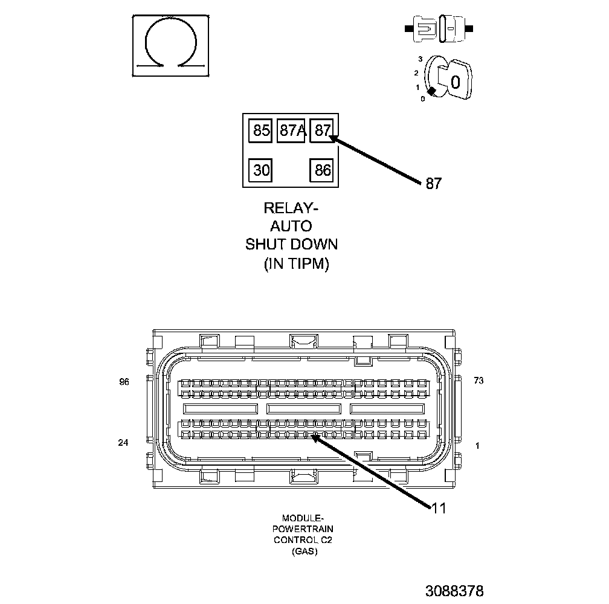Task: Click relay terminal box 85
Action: pos(261,130)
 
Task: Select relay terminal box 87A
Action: pos(292,130)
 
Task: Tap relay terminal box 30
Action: pos(261,170)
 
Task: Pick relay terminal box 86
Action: pos(323,170)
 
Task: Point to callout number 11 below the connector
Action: pos(439,509)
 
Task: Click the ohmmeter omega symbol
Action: pos(171,46)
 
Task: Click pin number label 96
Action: pos(124,382)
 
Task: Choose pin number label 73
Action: pos(478,381)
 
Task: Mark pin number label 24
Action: pos(123,443)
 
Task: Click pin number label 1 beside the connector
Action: pos(478,446)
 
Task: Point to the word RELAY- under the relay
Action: pos(291,208)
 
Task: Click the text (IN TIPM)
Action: pos(296,264)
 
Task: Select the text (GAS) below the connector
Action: pos(303,551)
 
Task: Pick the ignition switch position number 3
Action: pos(419,60)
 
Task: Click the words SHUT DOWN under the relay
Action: pos(291,245)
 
